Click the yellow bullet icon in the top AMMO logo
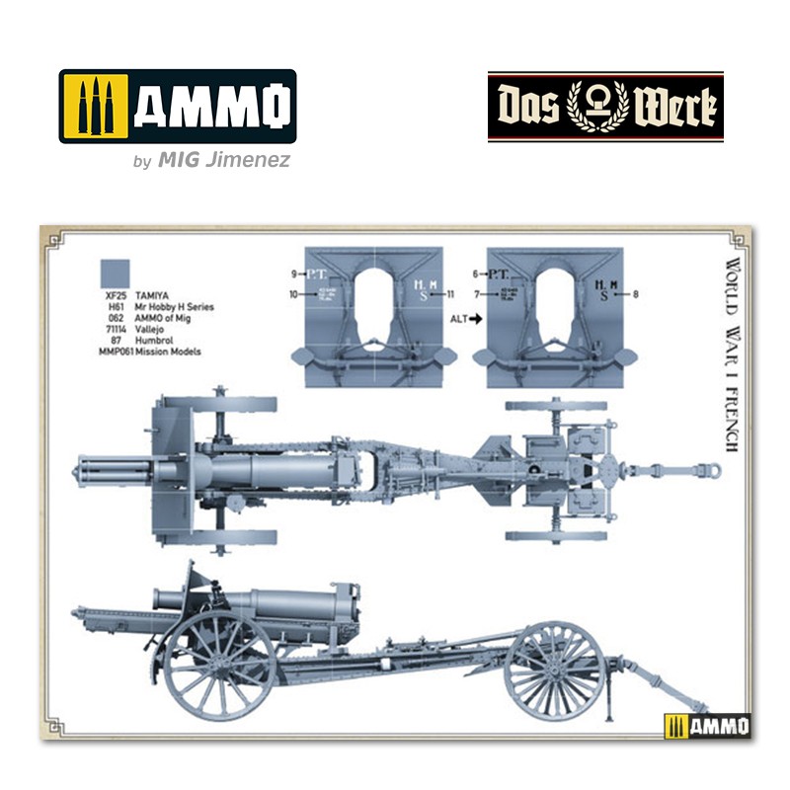pyautogui.click(x=96, y=106)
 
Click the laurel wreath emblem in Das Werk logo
pyautogui.click(x=604, y=104)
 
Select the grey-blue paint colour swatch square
pyautogui.click(x=117, y=273)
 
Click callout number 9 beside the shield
pyautogui.click(x=293, y=273)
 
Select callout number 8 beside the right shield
pyautogui.click(x=636, y=293)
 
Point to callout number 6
pyautogui.click(x=476, y=273)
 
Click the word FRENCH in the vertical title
pyautogui.click(x=732, y=416)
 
